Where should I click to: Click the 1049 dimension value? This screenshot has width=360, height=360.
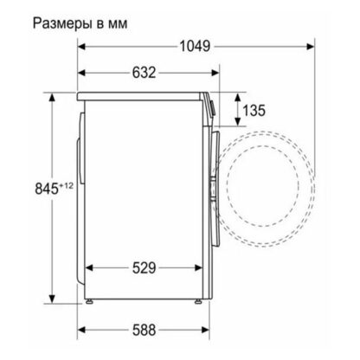pyautogui.click(x=195, y=46)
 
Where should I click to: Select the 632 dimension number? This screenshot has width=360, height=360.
pyautogui.click(x=144, y=73)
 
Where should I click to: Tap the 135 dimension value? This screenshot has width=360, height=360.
pyautogui.click(x=254, y=110)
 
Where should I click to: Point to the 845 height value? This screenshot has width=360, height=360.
pyautogui.click(x=47, y=189)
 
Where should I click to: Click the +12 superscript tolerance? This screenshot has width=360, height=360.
pyautogui.click(x=66, y=186)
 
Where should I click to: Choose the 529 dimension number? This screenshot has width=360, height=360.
pyautogui.click(x=144, y=268)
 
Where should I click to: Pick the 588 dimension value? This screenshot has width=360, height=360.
pyautogui.click(x=144, y=330)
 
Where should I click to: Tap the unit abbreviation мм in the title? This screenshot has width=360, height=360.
pyautogui.click(x=118, y=24)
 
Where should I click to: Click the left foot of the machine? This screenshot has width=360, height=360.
pyautogui.click(x=89, y=301)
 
